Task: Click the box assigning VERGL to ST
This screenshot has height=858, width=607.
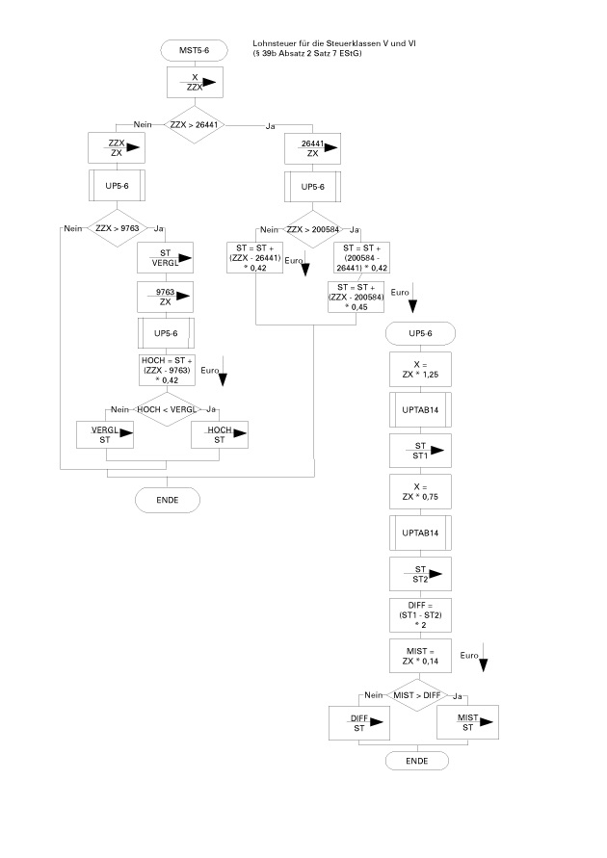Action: click(x=106, y=435)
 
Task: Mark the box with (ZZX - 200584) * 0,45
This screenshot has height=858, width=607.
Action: click(x=357, y=298)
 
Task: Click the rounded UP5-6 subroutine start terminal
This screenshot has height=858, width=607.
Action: click(x=422, y=333)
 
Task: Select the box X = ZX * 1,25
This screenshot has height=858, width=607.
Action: click(x=422, y=370)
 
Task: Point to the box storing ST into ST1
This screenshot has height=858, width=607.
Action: click(x=422, y=449)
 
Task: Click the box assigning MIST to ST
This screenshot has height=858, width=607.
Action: click(x=466, y=723)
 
